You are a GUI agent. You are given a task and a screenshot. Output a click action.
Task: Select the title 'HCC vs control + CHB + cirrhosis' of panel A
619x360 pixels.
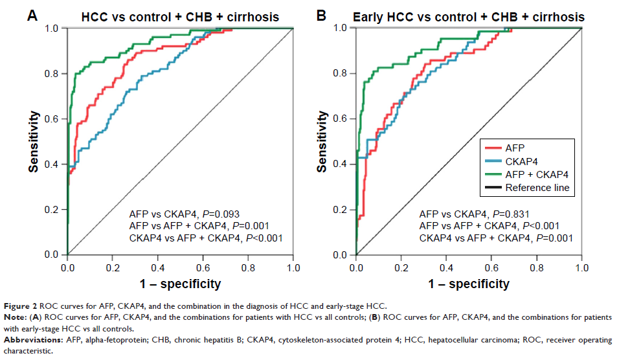(x=181, y=16)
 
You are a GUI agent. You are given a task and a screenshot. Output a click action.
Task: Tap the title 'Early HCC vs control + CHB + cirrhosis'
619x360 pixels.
(x=469, y=16)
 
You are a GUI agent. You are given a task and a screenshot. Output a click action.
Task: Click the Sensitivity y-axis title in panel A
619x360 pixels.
(x=33, y=141)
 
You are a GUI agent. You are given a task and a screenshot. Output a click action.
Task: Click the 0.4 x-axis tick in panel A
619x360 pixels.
(x=158, y=267)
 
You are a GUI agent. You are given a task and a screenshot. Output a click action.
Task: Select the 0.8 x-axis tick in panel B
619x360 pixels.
(x=537, y=267)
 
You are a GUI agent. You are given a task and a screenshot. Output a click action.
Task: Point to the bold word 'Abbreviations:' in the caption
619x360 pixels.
(x=32, y=340)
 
